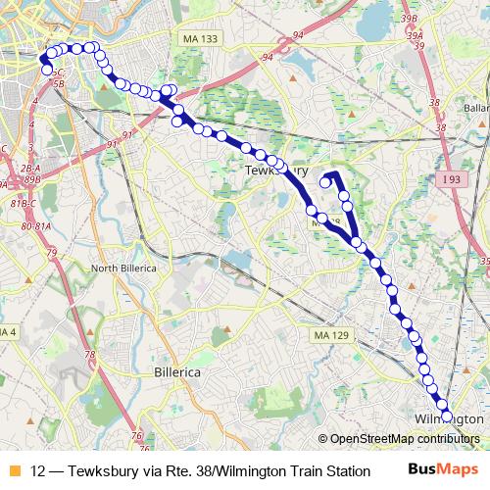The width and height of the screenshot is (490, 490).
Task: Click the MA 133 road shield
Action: click(200, 38)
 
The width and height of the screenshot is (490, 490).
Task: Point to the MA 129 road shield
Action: click(327, 335)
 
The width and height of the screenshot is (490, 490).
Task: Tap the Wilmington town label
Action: click(449, 418)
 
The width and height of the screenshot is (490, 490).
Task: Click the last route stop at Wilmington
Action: click(447, 416)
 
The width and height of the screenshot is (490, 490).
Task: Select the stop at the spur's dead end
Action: click(324, 181)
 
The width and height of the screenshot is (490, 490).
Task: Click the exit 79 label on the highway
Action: click(51, 254)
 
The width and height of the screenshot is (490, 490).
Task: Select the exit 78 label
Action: click(89, 355)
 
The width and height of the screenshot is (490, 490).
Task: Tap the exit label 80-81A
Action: click(35, 227)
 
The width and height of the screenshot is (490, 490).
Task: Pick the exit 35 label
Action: click(483, 262)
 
